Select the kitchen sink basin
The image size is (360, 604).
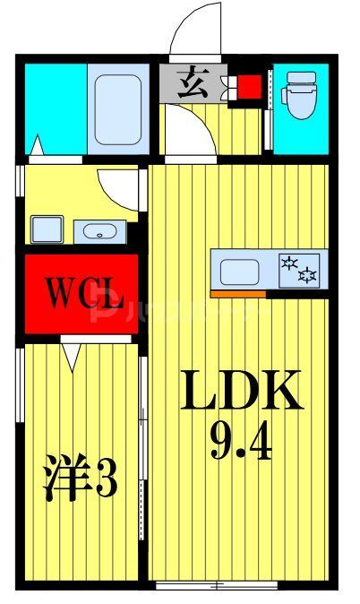[240, 271]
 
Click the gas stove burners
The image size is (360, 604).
[299, 268]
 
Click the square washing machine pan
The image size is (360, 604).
[46, 229]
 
